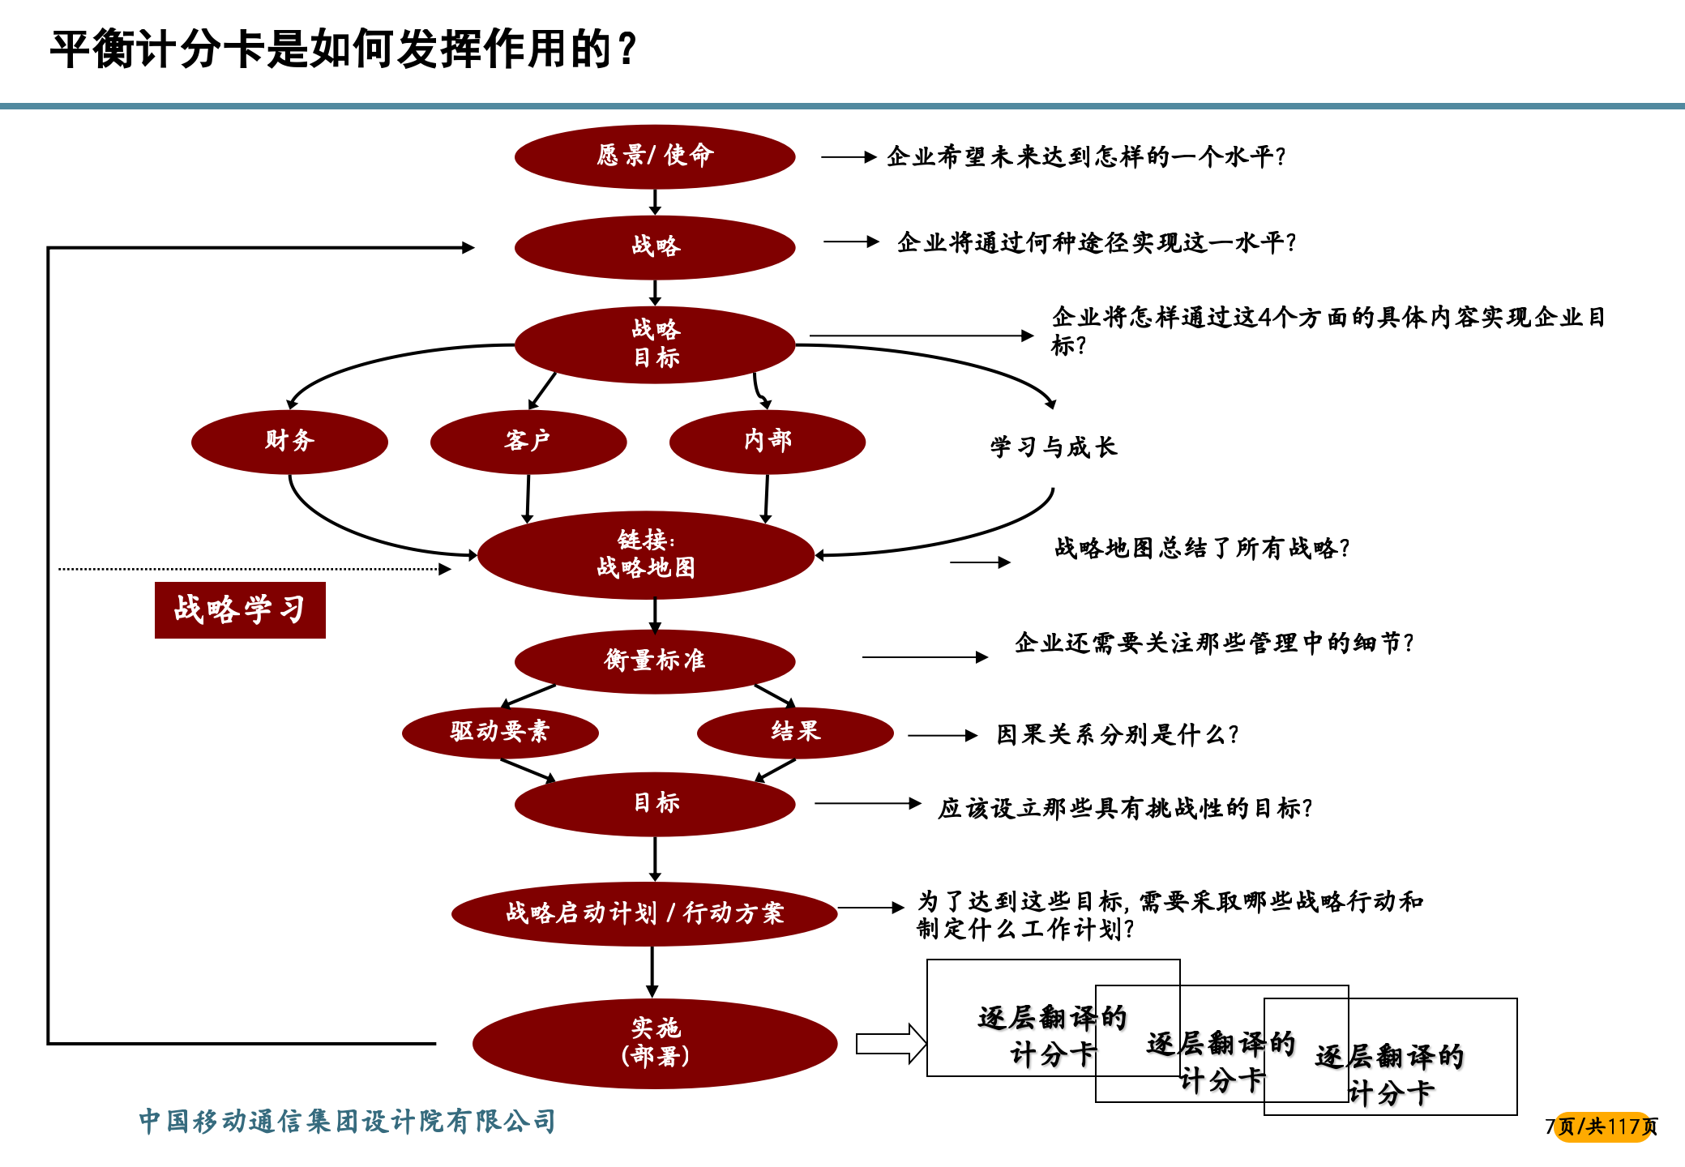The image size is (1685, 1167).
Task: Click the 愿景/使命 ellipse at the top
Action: click(x=655, y=156)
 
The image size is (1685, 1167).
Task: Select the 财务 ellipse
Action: click(x=289, y=442)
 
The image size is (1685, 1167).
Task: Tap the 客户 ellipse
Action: click(x=528, y=442)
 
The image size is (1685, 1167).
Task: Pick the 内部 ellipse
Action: click(x=767, y=442)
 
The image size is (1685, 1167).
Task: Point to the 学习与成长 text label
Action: click(x=1053, y=447)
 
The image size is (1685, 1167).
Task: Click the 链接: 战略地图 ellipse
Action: click(x=646, y=555)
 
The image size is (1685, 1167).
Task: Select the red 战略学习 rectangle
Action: click(x=240, y=610)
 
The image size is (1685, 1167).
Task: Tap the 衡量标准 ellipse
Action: click(x=655, y=660)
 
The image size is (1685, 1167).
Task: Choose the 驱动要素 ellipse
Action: click(x=500, y=732)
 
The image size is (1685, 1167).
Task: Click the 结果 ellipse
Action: click(x=795, y=732)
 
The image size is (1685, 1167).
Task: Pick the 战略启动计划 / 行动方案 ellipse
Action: click(x=644, y=913)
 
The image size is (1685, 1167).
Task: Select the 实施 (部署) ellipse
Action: click(x=655, y=1043)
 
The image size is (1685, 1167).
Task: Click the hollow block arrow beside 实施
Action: click(x=890, y=1044)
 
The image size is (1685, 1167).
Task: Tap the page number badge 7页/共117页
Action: click(x=1602, y=1126)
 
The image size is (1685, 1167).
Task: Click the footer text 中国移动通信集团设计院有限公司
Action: click(x=347, y=1122)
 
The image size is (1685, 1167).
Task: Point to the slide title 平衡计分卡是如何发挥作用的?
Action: click(x=344, y=50)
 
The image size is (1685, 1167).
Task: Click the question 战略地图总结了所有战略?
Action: click(x=1202, y=549)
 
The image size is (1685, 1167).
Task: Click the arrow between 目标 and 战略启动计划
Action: click(x=655, y=859)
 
